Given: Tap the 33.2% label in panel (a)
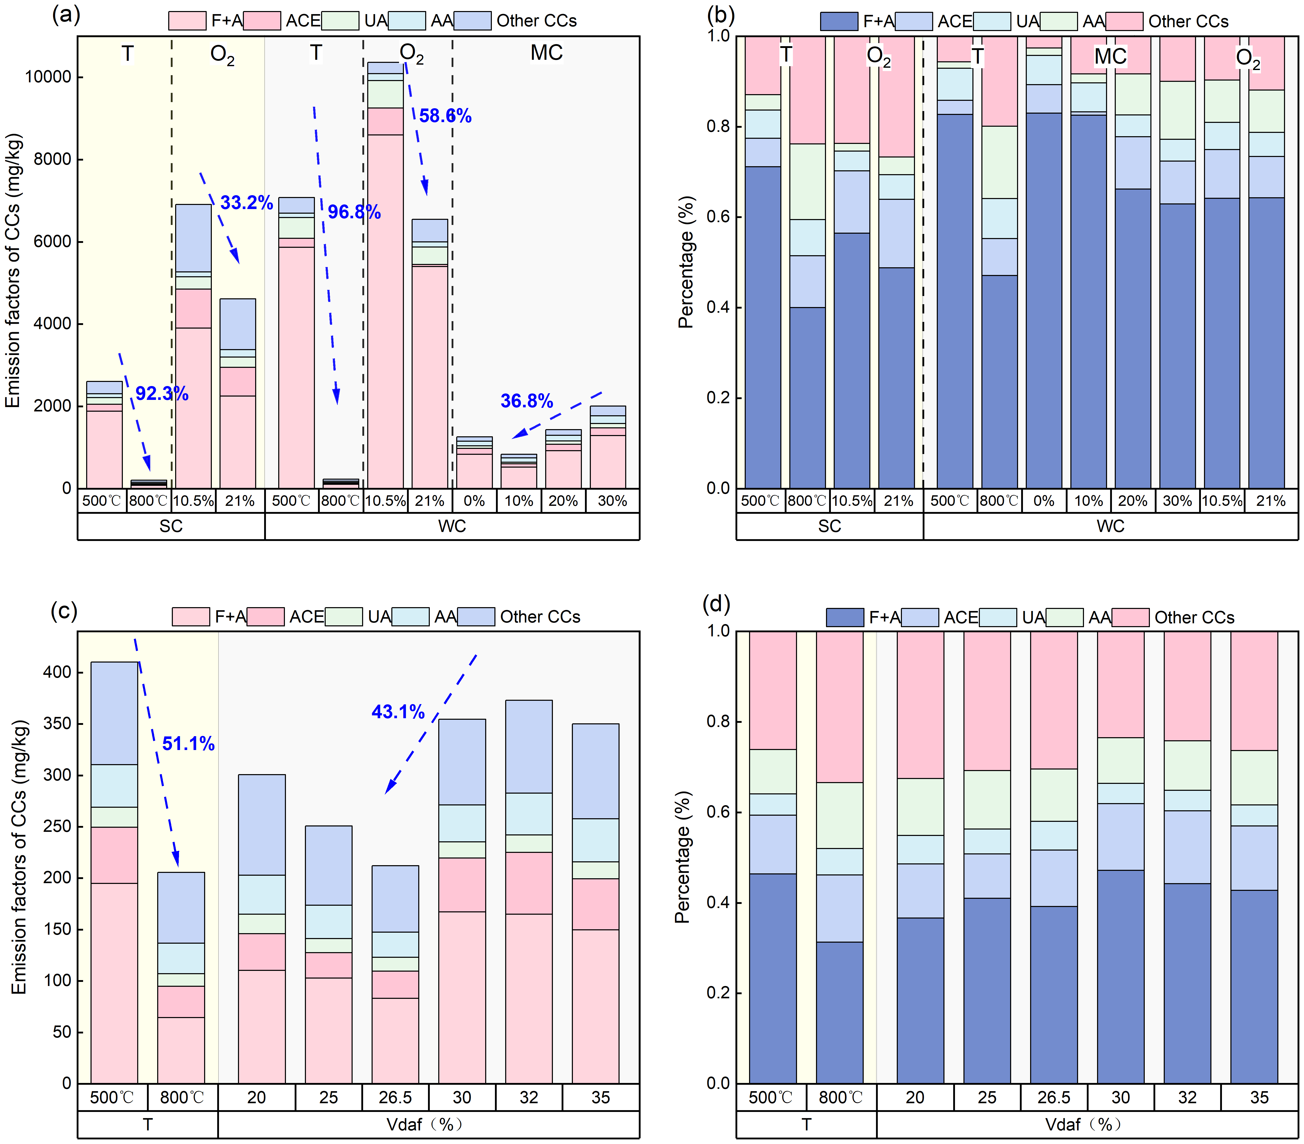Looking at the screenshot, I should coord(246,203).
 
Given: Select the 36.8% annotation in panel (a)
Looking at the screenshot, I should coord(526,401).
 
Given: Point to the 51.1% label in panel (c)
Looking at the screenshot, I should coord(188,743).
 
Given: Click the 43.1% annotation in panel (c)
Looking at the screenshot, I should coord(398,712).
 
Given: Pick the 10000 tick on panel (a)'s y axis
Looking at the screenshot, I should coord(48,77).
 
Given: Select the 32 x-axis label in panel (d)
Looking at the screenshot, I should coord(1187,1097).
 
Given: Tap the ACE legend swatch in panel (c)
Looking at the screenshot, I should coord(265,616).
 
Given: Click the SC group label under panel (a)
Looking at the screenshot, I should coord(171,526).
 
